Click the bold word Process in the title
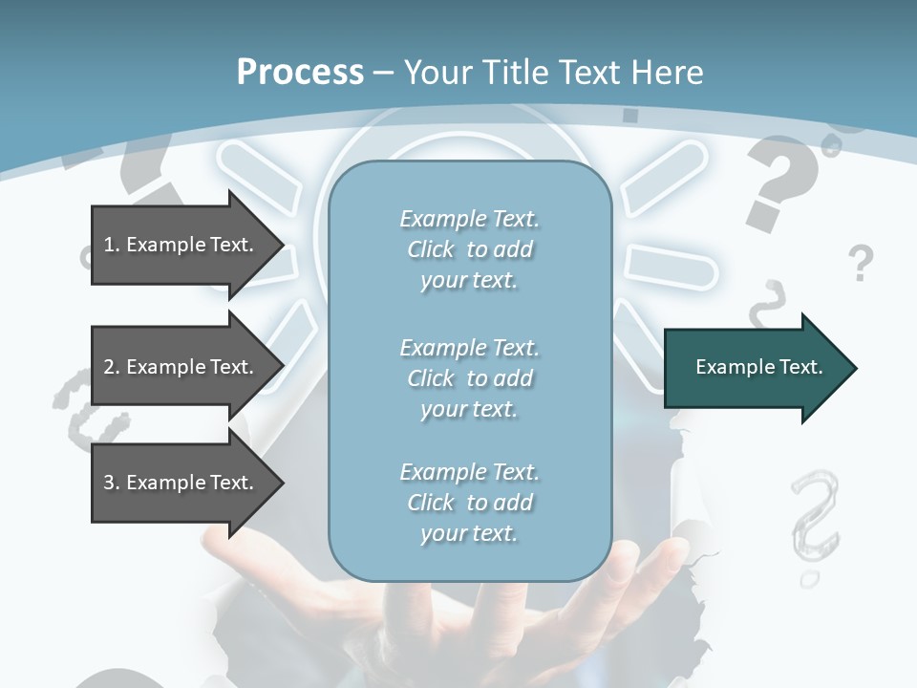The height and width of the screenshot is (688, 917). pos(300,73)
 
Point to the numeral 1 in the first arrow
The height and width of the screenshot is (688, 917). pos(109,245)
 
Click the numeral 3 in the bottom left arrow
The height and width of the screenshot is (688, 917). pos(109,483)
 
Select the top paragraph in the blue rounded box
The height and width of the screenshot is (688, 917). pos(469,249)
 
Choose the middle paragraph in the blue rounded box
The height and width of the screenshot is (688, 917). pos(469,378)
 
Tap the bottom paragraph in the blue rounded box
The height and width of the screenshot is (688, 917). pos(469,503)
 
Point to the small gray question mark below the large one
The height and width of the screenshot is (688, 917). pos(861,262)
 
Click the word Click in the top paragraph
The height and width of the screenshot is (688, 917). pos(431,249)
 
